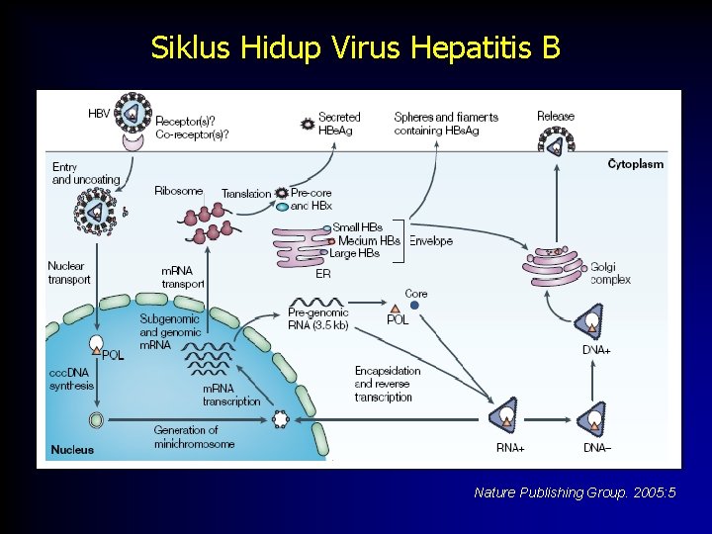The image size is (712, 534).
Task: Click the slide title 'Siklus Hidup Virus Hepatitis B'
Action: point(356,47)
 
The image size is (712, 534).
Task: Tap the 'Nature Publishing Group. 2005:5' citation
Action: point(575,492)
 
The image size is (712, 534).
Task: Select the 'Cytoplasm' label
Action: point(635,164)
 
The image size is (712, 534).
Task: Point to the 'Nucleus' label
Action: point(72,450)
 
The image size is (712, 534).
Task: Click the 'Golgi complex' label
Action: point(610,273)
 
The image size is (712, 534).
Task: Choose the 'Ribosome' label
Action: point(179,191)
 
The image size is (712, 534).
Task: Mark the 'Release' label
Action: point(555,117)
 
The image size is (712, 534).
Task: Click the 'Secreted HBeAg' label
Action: point(340,124)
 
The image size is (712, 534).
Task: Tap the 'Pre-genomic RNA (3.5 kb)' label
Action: point(317,318)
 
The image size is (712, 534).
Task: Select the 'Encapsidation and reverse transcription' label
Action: point(387,384)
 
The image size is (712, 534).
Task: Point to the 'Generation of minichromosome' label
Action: point(194,437)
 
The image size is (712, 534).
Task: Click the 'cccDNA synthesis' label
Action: point(72,379)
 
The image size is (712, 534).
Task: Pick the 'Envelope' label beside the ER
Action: point(431,240)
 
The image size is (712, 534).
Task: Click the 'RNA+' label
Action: point(510,448)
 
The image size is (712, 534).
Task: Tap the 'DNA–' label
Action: point(597,448)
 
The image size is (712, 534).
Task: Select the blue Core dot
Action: point(414,306)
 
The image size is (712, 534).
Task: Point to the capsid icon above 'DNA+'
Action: point(591,322)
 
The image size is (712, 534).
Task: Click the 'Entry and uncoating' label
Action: point(86,174)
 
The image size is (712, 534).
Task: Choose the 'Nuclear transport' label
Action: point(69,272)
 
